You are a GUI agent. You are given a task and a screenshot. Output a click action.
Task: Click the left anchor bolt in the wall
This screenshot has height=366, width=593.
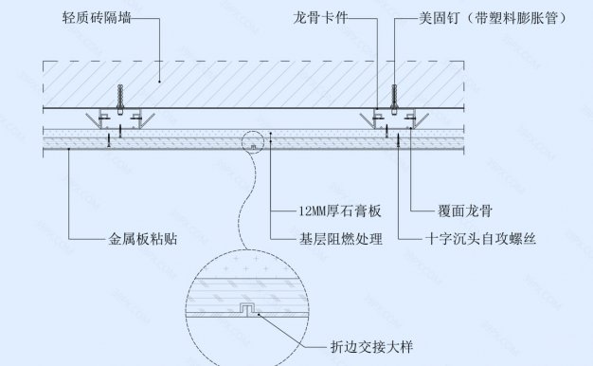[x=118, y=98]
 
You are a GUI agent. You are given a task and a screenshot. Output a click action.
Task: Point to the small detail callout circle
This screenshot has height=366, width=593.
[x=256, y=144]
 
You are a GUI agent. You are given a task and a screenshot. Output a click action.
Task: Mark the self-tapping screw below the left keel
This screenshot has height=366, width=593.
[x=110, y=139]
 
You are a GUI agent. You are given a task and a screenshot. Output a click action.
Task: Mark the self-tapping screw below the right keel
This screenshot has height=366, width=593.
[x=399, y=139]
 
